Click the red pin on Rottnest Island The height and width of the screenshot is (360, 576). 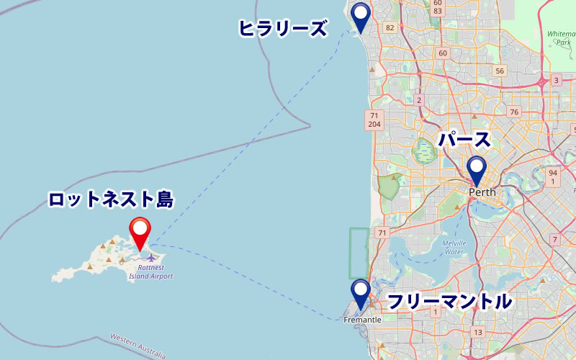tap(140, 232)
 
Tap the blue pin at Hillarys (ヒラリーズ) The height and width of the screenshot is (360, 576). tap(360, 16)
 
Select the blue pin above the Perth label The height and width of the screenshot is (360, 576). tap(477, 170)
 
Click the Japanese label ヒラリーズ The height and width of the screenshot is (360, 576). tap(283, 29)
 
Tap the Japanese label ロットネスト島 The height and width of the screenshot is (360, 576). tap(111, 199)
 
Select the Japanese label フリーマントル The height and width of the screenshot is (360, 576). tap(450, 301)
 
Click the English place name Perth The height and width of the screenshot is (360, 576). tap(482, 193)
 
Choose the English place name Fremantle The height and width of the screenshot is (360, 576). tap(362, 319)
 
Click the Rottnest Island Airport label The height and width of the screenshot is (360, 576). tap(150, 271)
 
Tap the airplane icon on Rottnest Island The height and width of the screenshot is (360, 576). tap(151, 257)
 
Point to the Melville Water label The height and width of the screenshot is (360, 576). tap(454, 247)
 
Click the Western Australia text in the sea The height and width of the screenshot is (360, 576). tap(137, 345)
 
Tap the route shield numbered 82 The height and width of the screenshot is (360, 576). tap(390, 28)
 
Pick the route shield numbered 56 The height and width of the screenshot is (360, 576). tap(499, 71)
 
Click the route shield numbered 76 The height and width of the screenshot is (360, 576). tap(513, 112)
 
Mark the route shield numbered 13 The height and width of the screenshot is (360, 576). tap(478, 332)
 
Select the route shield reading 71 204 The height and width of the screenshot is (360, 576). tap(374, 120)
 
